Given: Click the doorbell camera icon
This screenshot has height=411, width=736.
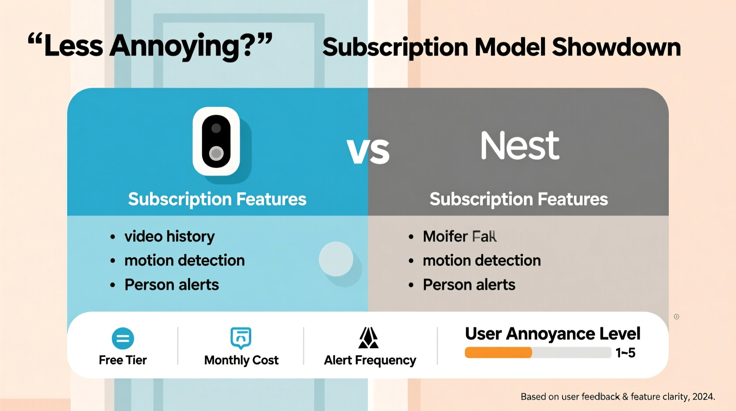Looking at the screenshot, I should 216,141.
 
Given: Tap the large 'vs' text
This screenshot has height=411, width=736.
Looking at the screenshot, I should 368,151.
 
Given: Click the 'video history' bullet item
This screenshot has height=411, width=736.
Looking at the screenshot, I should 169,237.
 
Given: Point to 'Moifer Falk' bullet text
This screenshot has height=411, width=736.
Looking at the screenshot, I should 460,237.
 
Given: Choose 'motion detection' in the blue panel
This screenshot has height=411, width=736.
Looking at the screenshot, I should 184,260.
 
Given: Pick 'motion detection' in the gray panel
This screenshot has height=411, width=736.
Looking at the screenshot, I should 482,260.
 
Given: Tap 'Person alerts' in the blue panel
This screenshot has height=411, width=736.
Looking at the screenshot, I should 172,285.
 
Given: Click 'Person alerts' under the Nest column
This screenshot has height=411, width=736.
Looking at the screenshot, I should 469,285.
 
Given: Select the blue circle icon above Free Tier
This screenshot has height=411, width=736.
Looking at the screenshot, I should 123,338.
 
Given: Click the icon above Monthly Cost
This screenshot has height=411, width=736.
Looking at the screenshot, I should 241,338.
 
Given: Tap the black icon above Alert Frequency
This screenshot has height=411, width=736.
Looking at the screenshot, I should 368,338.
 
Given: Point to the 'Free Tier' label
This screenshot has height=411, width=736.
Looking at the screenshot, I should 123,360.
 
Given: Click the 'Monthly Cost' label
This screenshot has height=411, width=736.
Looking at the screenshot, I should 241,360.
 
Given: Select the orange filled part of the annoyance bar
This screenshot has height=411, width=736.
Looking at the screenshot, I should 498,353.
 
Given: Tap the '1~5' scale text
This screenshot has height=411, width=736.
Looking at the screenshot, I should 625,353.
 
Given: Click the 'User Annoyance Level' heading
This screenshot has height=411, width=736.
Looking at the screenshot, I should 552,333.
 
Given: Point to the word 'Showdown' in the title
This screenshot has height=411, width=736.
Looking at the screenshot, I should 616,47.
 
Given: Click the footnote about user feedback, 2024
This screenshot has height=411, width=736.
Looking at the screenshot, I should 617,397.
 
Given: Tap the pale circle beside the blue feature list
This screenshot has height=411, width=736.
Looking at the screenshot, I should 336,259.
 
